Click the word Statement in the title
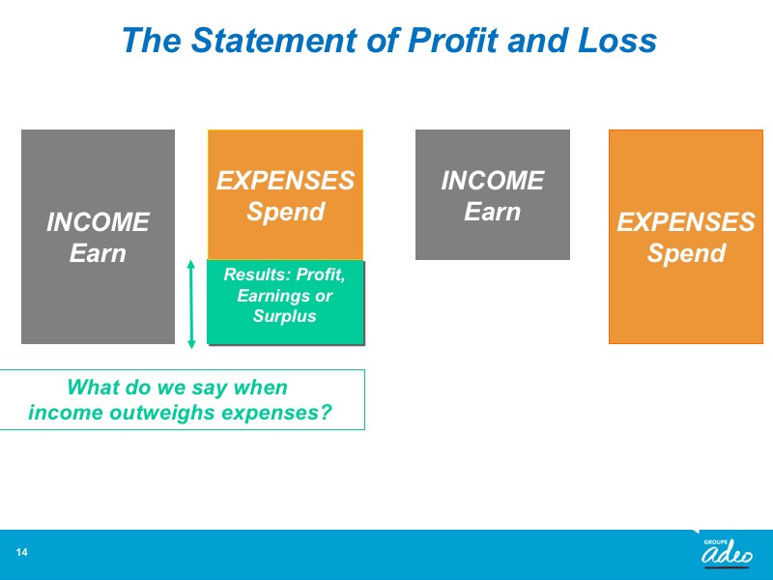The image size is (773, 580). point(273,40)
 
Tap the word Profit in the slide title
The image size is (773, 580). point(452,40)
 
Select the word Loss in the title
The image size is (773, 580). point(617,40)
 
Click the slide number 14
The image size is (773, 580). point(21,552)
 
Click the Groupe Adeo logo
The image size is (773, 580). point(727,552)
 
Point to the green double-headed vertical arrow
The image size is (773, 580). point(191,304)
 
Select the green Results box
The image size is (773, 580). point(285,302)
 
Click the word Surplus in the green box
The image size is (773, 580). point(284,316)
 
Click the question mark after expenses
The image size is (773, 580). point(326,412)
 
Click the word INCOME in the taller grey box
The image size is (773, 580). point(98,222)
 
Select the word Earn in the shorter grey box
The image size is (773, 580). point(492,212)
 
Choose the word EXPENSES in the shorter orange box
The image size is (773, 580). point(285,181)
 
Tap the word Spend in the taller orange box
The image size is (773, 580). point(686,253)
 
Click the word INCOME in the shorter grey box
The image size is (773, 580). point(493,181)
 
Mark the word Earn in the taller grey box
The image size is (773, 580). point(98,253)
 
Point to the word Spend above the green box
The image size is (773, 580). point(285,212)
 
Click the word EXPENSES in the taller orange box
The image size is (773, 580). point(686,222)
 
